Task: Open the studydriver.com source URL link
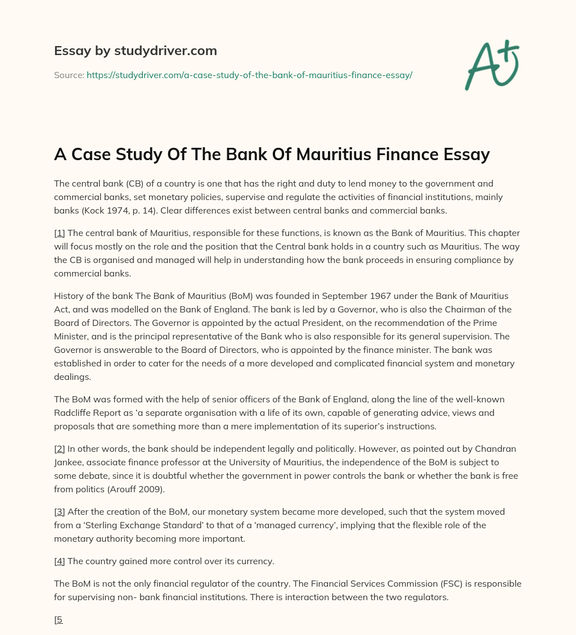249,75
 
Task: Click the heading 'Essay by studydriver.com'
136,51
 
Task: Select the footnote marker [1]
60,233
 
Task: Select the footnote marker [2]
60,449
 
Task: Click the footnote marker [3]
60,512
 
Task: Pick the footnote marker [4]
60,561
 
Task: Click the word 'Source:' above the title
69,75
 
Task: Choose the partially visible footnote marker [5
58,620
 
